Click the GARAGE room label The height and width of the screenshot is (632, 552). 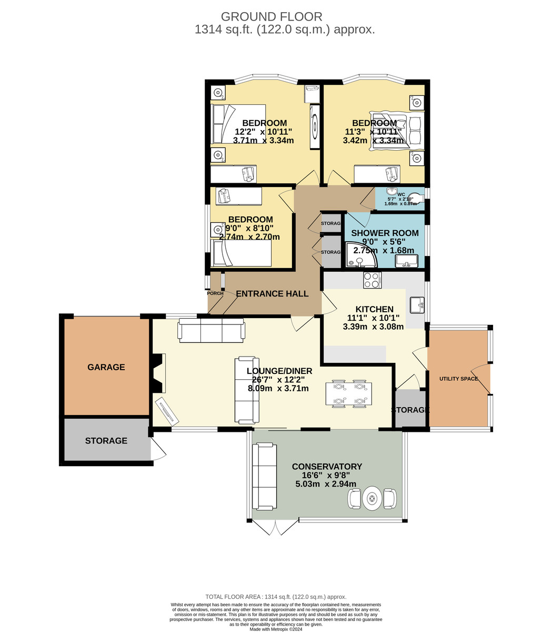[106, 367]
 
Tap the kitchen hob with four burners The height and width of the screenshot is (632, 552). [372, 280]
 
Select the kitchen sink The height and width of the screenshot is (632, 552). [417, 305]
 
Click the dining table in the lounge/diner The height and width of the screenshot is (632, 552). [349, 393]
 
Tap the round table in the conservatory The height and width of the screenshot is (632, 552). [372, 498]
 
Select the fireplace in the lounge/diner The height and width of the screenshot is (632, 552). [158, 373]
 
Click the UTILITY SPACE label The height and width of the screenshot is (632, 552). [458, 379]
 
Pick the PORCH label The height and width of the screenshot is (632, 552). [215, 293]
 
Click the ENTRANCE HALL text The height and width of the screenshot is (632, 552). [272, 294]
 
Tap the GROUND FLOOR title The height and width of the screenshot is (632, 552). [272, 16]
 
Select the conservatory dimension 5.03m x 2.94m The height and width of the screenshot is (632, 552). [326, 484]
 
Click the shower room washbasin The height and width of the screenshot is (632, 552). [407, 261]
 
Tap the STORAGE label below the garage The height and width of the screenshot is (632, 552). [106, 441]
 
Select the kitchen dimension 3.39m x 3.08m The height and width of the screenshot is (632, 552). [373, 327]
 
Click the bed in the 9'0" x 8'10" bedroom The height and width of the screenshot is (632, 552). [241, 253]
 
